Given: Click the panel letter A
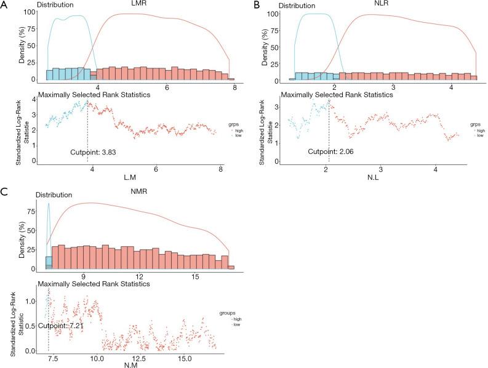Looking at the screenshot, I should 6,5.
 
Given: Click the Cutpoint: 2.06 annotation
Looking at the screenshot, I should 331,151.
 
